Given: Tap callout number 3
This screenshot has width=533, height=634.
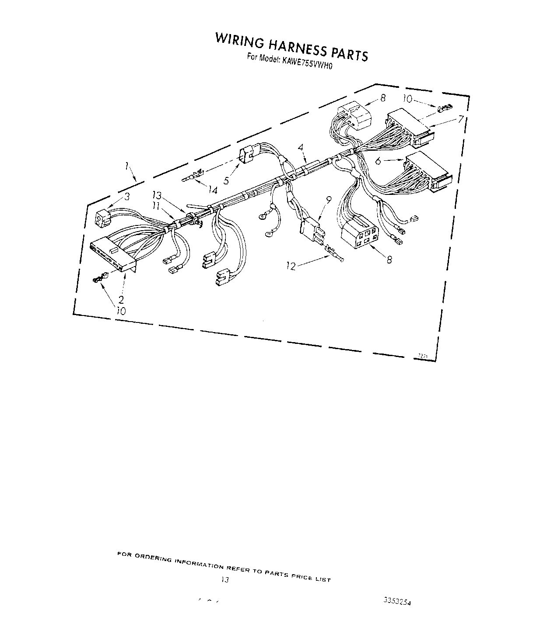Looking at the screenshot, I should pos(127,197).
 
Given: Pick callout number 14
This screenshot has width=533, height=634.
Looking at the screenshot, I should pos(213,190).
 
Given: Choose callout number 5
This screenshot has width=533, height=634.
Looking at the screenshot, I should pos(227,179).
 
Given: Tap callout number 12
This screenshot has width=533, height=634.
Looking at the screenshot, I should pos(291,266).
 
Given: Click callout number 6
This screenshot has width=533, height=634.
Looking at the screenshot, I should pos(379,161).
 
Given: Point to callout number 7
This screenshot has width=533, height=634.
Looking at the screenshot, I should pos(461,119).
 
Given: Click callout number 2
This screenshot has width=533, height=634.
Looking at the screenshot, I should pos(121,300).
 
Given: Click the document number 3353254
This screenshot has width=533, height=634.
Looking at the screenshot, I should pos(398,601).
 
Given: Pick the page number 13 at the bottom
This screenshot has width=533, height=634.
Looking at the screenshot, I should pos(224,580).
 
